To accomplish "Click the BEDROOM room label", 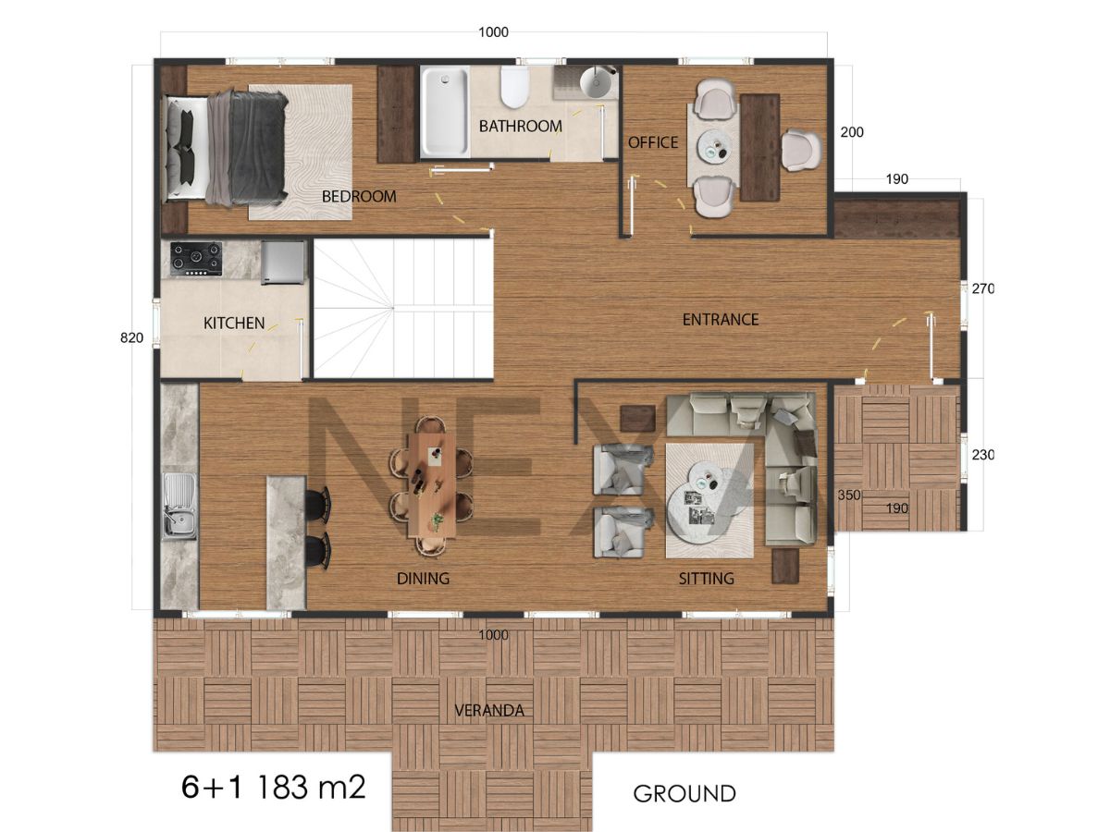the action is point(359,197).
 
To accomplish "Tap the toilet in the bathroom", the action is point(515,87).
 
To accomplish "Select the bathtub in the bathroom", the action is point(445,112).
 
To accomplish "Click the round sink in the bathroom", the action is point(598,81).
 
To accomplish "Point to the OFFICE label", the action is point(653,142).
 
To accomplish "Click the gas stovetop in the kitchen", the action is point(196,259).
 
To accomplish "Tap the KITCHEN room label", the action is point(234,324).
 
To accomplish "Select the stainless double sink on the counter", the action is point(179,505).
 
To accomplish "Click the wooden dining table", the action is point(432,485).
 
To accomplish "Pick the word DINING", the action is point(423,579).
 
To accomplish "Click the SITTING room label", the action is point(706,579).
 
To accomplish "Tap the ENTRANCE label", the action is point(721,320).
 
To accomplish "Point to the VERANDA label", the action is point(489,711).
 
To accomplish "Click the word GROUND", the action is point(684,794).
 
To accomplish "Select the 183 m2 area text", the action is point(311,787).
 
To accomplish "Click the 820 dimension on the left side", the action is point(131,338).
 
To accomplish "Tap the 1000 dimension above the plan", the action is point(493,32).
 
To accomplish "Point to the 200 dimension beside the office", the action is point(852,132).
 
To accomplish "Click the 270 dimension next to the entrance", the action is point(982,288).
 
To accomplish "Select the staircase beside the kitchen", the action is point(403,308).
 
